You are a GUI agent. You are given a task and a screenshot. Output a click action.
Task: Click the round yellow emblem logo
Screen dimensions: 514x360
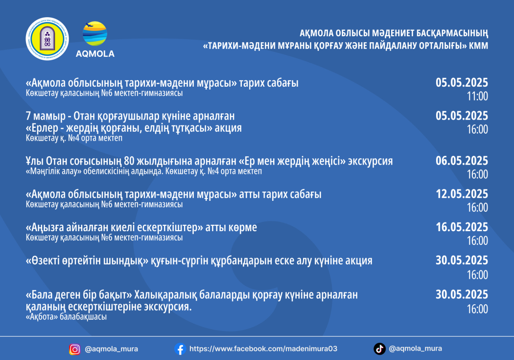(x=47, y=39)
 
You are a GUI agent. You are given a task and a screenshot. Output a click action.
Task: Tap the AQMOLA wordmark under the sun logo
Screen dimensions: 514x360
(x=95, y=54)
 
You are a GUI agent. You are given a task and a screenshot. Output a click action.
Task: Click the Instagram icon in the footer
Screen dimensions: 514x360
(x=75, y=350)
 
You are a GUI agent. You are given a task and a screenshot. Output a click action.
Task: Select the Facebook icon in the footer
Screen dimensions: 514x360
(x=180, y=349)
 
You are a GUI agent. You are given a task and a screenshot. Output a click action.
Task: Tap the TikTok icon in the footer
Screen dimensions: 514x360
(x=379, y=349)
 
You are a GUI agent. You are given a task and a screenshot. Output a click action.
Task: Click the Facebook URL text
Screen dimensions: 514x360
(x=263, y=349)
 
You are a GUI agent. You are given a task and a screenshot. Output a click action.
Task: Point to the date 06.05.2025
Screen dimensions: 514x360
(x=462, y=161)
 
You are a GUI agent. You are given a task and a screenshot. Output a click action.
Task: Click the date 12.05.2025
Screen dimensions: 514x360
(x=462, y=194)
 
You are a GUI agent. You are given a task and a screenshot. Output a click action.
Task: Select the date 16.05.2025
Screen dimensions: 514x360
(x=462, y=227)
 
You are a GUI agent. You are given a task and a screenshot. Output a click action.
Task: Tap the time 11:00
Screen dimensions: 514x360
(x=477, y=96)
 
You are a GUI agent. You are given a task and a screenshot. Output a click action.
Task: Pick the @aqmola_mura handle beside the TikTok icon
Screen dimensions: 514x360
(x=415, y=349)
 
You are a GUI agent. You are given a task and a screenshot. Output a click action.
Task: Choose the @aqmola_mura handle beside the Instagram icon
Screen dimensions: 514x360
(x=112, y=349)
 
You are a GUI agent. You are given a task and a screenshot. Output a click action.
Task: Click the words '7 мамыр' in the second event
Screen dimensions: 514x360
(x=46, y=117)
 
